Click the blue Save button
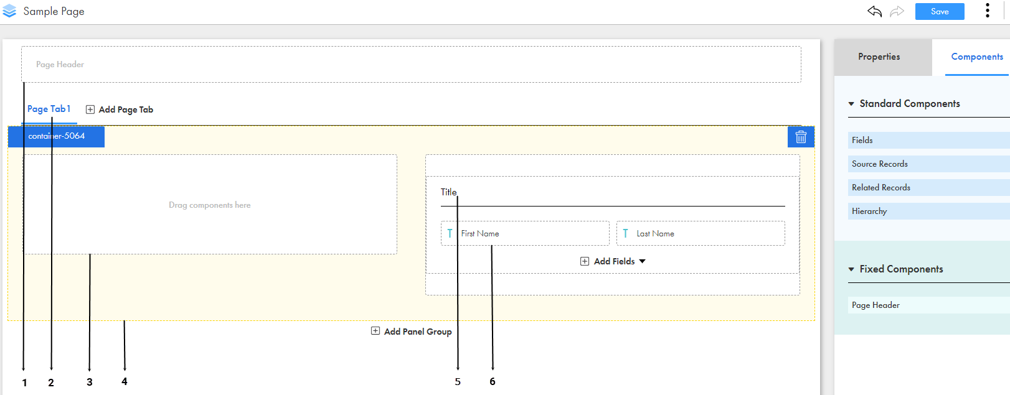pos(940,12)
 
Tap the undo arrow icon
pos(874,11)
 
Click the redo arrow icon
pos(897,11)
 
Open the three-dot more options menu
pos(988,11)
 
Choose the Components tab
pos(976,57)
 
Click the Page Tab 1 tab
pos(49,109)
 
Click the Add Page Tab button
pos(120,109)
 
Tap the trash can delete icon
pos(801,137)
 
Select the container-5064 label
pos(57,136)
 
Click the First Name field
pos(525,233)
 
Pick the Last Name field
pos(701,233)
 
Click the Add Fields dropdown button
pos(613,261)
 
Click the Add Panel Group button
pos(411,332)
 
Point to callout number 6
pos(493,382)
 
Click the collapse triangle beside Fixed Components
pos(851,269)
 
